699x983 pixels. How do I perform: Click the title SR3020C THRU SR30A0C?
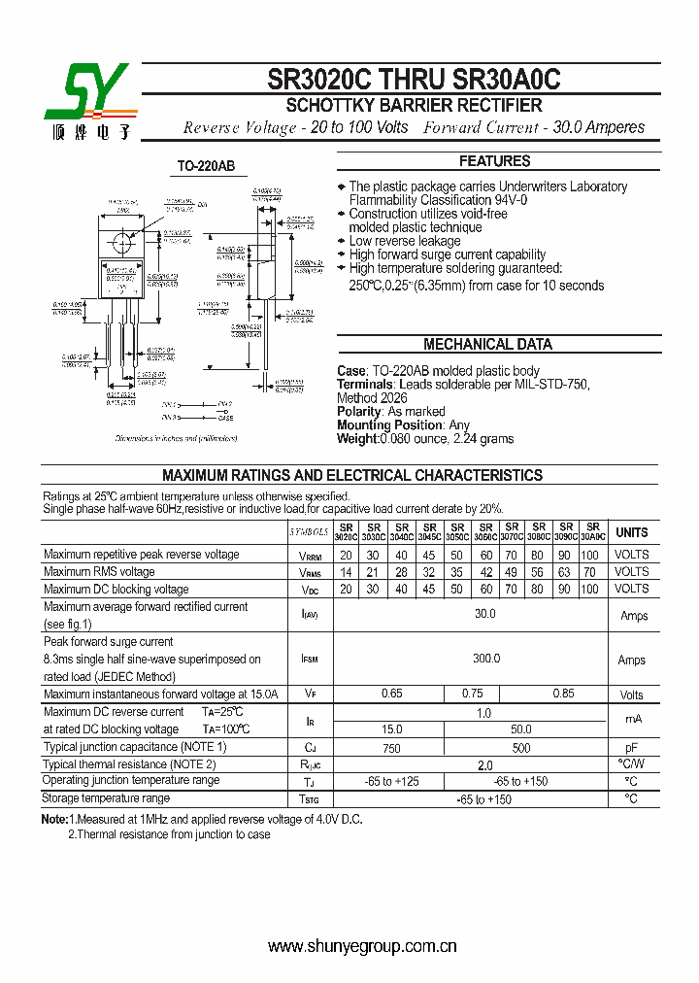point(415,79)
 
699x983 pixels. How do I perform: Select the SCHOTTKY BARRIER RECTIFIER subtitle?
point(414,106)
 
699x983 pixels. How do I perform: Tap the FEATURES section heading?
point(495,161)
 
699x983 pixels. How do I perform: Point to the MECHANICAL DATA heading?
point(487,344)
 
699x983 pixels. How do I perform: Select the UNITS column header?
point(632,532)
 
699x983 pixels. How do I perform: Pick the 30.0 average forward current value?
point(484,614)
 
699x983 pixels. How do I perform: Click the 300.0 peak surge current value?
point(485,659)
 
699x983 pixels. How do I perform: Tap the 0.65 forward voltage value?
point(391,694)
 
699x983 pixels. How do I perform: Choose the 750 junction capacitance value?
point(391,748)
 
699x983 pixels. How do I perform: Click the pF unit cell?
point(631,748)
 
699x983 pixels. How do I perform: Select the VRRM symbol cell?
point(310,556)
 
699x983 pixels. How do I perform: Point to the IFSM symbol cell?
point(310,660)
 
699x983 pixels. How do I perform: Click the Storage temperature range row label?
point(106,798)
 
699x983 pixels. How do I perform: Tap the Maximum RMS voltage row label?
point(99,572)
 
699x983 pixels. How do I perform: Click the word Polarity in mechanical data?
point(360,411)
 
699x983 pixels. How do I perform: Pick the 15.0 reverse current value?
point(391,729)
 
